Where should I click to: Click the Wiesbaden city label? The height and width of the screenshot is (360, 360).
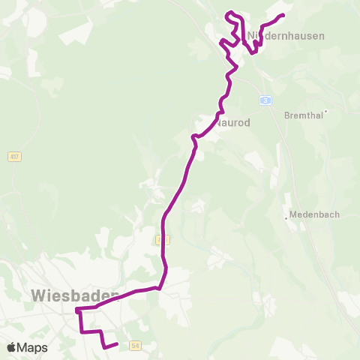point(75,295)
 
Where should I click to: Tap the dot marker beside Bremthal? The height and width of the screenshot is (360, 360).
point(326,111)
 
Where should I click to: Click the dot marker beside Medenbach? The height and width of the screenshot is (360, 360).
point(286,218)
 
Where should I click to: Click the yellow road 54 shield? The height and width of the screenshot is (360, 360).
point(135,345)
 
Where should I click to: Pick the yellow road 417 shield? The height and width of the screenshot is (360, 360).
point(15,157)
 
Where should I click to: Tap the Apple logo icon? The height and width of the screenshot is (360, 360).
point(11,348)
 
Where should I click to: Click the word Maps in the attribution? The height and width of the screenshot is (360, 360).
point(33,348)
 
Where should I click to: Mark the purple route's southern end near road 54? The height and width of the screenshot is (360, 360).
point(117,344)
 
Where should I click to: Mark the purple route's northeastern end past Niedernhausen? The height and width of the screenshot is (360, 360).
point(283,15)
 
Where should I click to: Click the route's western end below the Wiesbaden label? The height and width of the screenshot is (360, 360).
point(76,309)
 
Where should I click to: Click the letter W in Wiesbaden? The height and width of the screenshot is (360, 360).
point(40,295)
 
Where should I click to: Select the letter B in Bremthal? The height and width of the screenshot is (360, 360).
point(288,115)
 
